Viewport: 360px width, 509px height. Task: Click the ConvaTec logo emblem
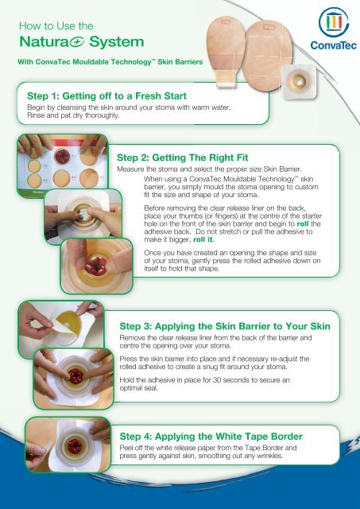(334, 22)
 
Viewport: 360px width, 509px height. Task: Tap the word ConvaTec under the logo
(333, 45)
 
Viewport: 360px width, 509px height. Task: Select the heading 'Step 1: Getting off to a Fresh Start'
(106, 96)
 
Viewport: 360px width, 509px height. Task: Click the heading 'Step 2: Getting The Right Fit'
(182, 157)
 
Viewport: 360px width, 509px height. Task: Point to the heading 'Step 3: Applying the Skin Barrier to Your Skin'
(225, 326)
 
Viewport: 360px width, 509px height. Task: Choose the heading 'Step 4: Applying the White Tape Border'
(211, 437)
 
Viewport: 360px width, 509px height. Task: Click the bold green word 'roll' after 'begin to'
(303, 224)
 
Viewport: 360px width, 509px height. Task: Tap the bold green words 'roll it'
(203, 240)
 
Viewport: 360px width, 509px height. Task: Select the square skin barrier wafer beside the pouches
(299, 82)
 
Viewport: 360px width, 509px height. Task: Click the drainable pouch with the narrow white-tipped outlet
(226, 52)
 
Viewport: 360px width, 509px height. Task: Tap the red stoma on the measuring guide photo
(62, 157)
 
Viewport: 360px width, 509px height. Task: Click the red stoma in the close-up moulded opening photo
(95, 265)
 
